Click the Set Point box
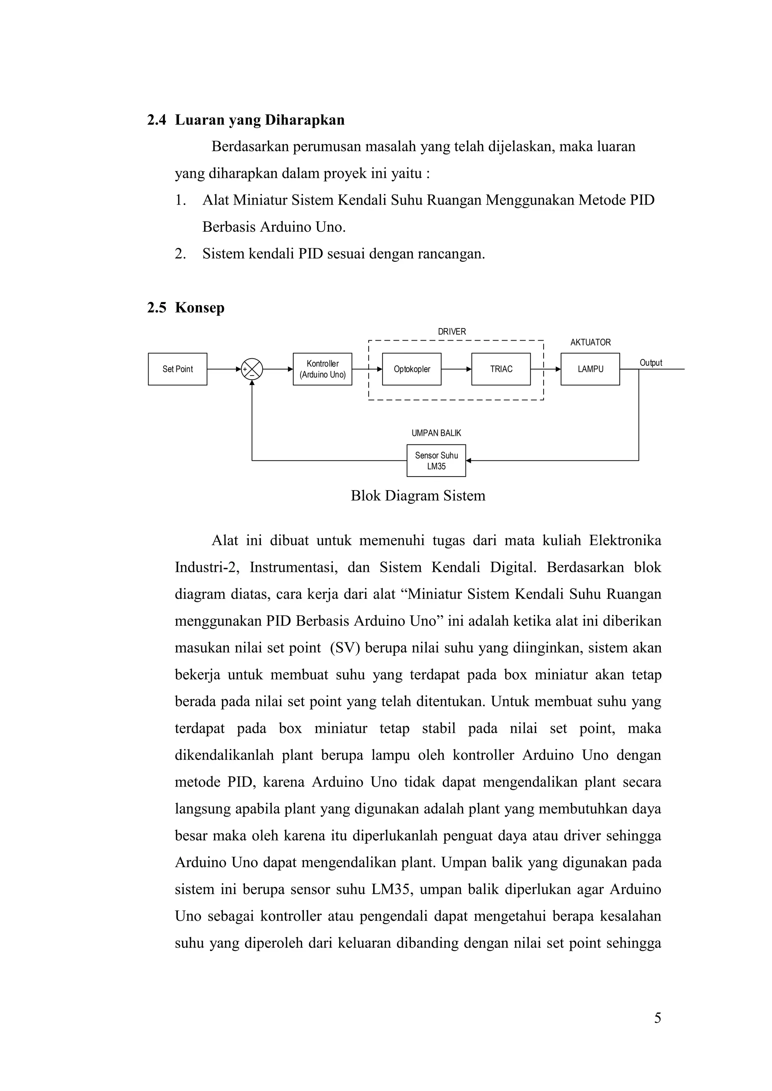pyautogui.click(x=177, y=369)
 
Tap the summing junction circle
pyautogui.click(x=251, y=369)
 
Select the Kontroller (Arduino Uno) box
pyautogui.click(x=322, y=369)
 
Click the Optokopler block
pyautogui.click(x=412, y=369)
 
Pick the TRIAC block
pyautogui.click(x=501, y=369)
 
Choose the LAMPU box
pyautogui.click(x=590, y=369)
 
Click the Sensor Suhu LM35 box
pyautogui.click(x=437, y=460)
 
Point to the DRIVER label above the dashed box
pyautogui.click(x=452, y=332)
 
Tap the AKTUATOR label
pyautogui.click(x=590, y=342)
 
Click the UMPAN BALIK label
pyautogui.click(x=437, y=433)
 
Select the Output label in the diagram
pyautogui.click(x=651, y=362)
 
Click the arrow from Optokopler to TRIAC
pyautogui.click(x=456, y=369)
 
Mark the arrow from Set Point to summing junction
pyautogui.click(x=224, y=369)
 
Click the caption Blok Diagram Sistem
pyautogui.click(x=418, y=496)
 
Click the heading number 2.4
pyautogui.click(x=156, y=120)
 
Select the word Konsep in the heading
pyautogui.click(x=200, y=307)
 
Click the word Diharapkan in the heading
pyautogui.click(x=304, y=120)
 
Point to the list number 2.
pyautogui.click(x=180, y=254)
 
